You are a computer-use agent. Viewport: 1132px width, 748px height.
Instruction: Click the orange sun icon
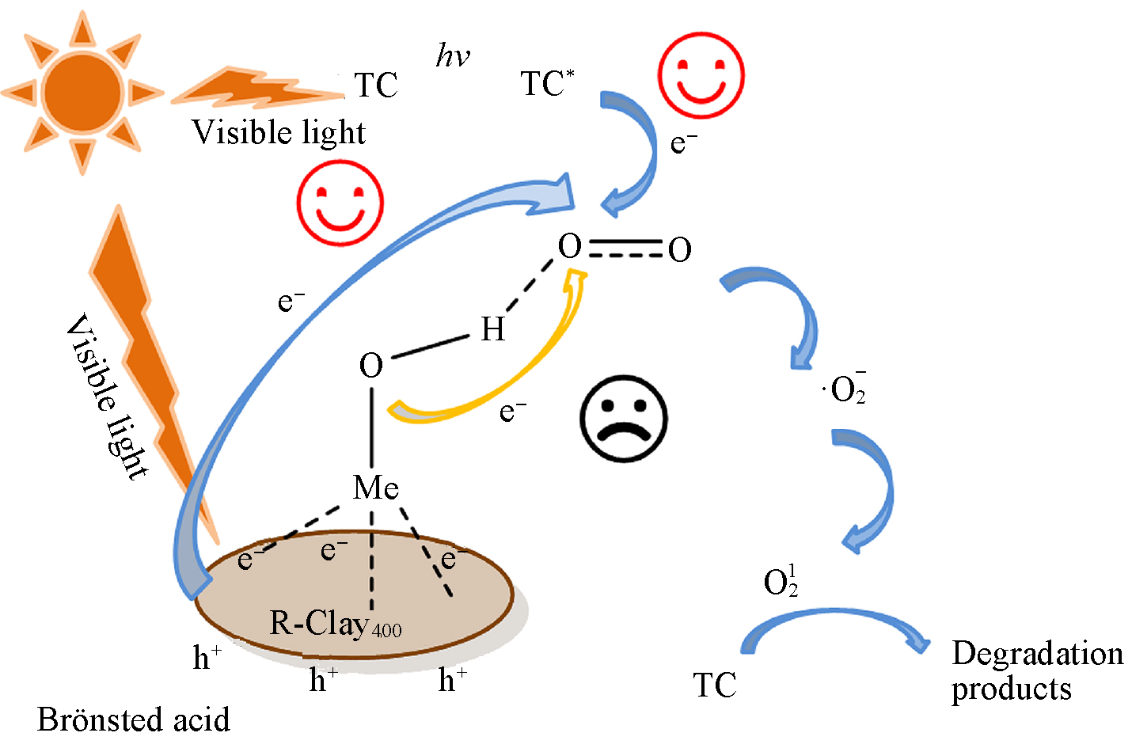point(82,92)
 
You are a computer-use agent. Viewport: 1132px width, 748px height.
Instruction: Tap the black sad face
point(624,418)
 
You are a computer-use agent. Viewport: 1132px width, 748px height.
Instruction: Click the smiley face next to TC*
point(701,76)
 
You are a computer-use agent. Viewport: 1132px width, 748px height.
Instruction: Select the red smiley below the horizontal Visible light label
point(340,203)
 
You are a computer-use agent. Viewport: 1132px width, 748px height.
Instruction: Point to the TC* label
point(546,83)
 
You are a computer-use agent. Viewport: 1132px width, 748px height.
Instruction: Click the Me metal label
point(375,488)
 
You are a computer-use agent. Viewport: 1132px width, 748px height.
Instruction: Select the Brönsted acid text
point(133,720)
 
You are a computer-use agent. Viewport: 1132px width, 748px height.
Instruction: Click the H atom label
point(492,328)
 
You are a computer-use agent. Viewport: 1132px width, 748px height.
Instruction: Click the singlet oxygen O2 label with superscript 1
point(781,582)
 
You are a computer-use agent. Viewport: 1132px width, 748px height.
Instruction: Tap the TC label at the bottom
point(714,685)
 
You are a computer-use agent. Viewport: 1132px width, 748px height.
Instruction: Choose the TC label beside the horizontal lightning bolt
point(375,85)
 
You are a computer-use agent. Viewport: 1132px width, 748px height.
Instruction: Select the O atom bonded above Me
point(371,366)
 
